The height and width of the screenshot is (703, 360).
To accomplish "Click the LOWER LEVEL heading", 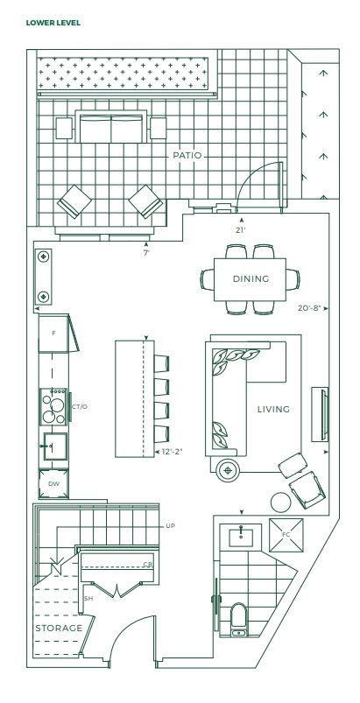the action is (53, 23).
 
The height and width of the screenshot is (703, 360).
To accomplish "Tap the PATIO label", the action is (187, 156).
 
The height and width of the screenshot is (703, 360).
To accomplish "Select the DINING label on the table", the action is (251, 278).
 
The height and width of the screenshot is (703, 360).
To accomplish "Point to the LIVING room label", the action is (273, 409).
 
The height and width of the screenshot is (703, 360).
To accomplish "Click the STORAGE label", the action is (59, 628).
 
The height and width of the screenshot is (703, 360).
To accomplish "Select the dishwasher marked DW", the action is (53, 484).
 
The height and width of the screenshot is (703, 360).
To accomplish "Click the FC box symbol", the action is (286, 535).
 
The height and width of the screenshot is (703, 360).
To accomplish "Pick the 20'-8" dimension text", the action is (309, 308).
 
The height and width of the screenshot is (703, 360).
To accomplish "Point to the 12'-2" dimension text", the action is (173, 452).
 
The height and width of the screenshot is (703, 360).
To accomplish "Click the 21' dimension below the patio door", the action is (242, 230).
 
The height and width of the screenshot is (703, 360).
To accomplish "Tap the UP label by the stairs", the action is (170, 525).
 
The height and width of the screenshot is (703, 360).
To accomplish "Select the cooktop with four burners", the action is (53, 406).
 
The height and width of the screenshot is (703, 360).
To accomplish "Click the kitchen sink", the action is (55, 446).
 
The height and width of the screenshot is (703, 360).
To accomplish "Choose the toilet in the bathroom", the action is (238, 620).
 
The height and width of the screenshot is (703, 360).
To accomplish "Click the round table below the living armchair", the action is (281, 503).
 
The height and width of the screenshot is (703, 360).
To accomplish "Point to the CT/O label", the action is (80, 406).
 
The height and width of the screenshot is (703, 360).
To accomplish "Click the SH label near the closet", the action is (88, 599).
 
